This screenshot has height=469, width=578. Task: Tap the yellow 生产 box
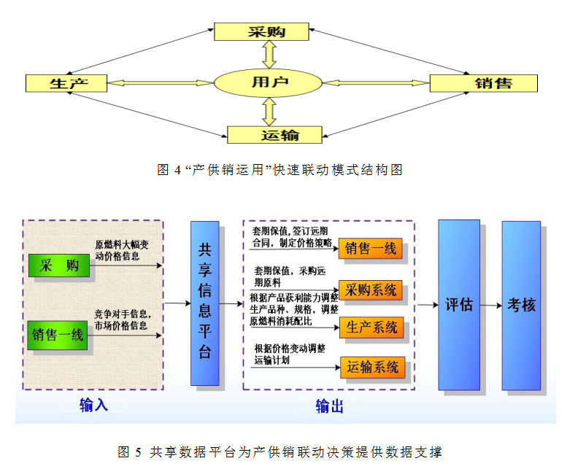click(x=66, y=83)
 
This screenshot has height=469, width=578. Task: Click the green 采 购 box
click(x=59, y=266)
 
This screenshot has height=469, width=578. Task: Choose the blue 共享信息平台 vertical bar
click(x=205, y=303)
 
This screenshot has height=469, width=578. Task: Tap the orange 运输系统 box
click(x=371, y=368)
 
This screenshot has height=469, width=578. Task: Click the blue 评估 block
click(x=459, y=305)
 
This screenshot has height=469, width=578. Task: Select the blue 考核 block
click(x=521, y=305)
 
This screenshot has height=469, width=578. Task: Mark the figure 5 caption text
click(x=280, y=452)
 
